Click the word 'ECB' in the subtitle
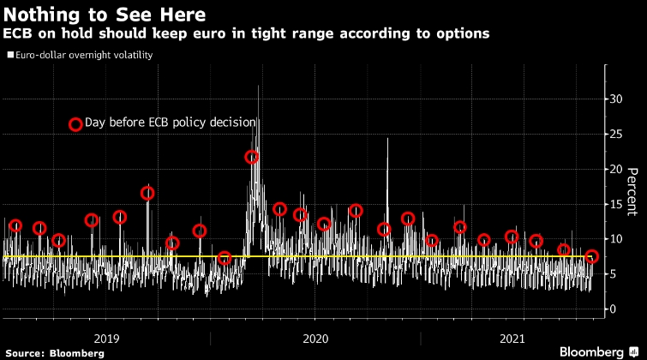click(19, 33)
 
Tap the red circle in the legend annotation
click(75, 124)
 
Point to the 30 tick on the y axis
click(614, 99)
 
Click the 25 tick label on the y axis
click(614, 135)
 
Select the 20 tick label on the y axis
click(614, 170)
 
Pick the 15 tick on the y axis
click(614, 204)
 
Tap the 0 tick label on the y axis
click(611, 309)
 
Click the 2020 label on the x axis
click(315, 338)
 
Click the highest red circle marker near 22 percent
click(252, 157)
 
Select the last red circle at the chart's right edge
click(591, 256)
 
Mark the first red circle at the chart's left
click(15, 226)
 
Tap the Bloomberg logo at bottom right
click(598, 351)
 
